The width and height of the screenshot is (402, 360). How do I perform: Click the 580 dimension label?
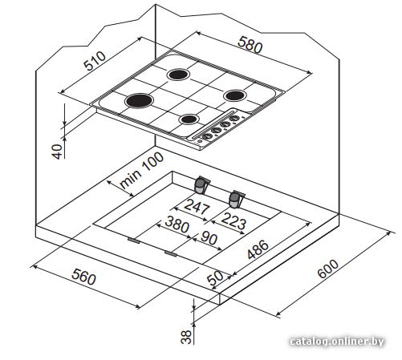point(250,45)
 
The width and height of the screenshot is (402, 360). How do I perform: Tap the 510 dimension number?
point(95,61)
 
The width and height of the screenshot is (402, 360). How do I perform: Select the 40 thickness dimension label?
point(57,152)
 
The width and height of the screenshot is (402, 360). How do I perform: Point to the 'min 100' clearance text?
point(141,170)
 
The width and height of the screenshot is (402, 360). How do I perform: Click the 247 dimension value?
point(197,206)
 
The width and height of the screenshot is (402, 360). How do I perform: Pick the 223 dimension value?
point(233,220)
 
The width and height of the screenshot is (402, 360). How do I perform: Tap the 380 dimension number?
point(177,224)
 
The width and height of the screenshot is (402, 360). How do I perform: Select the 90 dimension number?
point(209,238)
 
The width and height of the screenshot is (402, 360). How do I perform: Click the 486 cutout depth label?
point(258,249)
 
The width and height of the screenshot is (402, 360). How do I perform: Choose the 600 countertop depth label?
point(328,269)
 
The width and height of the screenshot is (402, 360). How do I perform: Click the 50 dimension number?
point(215,278)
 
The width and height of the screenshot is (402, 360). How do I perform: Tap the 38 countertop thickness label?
point(186,337)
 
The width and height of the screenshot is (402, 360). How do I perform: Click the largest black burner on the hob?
point(139,101)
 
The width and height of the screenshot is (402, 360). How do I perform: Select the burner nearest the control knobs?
point(189,119)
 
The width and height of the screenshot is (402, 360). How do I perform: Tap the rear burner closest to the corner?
point(178,74)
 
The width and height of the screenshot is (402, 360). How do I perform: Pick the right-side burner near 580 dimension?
point(235,95)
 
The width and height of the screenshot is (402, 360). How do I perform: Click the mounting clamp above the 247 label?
point(201,184)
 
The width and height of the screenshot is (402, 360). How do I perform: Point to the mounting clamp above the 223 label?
point(236,199)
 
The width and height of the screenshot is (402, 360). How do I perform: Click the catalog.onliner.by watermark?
point(337,342)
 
